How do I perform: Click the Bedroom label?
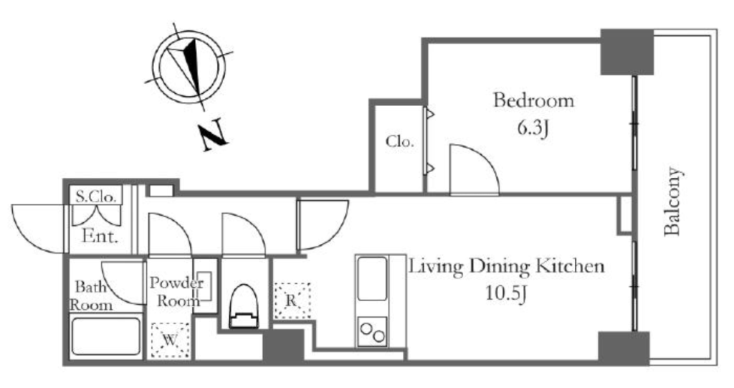coord(533,100)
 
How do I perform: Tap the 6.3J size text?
coord(533,128)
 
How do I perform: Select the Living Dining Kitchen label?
coord(507,267)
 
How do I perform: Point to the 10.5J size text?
coord(507,294)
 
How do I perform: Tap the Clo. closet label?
coord(400,141)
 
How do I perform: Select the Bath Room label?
coord(91,295)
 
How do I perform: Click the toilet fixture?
coord(244,306)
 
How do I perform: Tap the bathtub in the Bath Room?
coord(106,336)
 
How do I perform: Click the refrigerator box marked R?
coord(292,301)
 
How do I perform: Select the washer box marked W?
coord(171,340)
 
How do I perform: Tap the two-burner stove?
coord(373,332)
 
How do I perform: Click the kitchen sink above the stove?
coord(373,279)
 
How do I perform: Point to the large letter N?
coord(214,136)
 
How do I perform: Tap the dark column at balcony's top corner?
coord(626,52)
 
